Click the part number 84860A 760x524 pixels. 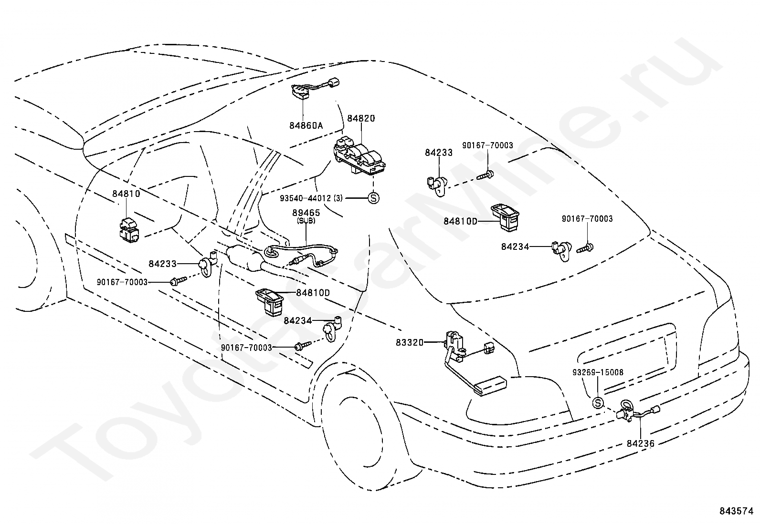(x=306, y=125)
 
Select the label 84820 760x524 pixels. (x=361, y=118)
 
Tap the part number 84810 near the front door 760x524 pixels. (x=126, y=194)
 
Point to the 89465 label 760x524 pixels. (x=306, y=213)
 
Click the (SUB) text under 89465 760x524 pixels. (x=306, y=221)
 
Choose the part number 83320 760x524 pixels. (x=409, y=342)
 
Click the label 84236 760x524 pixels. (x=640, y=443)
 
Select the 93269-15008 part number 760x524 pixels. (x=598, y=372)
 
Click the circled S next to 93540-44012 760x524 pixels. (x=373, y=197)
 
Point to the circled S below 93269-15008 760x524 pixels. (x=598, y=403)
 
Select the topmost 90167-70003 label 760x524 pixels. (x=487, y=145)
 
